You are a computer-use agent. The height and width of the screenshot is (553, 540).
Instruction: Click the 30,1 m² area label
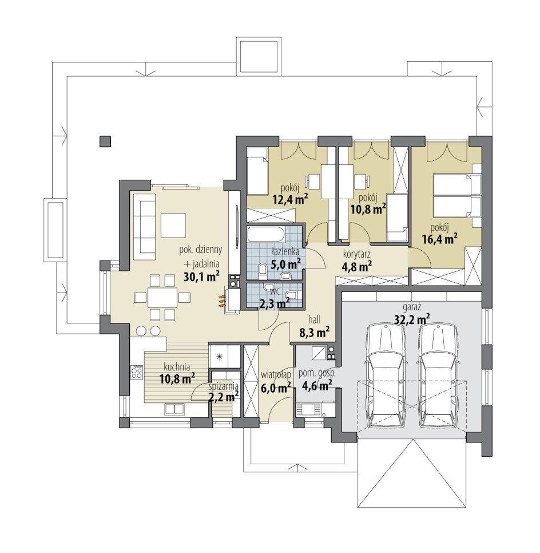pyautogui.click(x=201, y=276)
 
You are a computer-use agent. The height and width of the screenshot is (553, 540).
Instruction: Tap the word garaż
pyautogui.click(x=411, y=306)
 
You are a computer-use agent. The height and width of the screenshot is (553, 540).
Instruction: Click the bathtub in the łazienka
pyautogui.click(x=266, y=234)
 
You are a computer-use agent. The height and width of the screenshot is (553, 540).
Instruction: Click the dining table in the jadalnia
pyautogui.click(x=162, y=298)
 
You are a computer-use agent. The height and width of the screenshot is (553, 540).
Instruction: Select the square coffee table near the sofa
pyautogui.click(x=173, y=225)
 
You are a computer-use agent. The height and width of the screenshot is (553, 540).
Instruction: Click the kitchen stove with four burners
pyautogui.click(x=137, y=373)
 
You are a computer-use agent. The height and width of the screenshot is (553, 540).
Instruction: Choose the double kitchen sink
pyautogui.click(x=174, y=409)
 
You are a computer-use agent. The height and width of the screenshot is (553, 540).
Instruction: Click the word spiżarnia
pyautogui.click(x=224, y=386)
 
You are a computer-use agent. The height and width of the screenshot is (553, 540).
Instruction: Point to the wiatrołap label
pyautogui.click(x=276, y=374)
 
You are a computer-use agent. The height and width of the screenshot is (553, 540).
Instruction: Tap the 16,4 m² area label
pyautogui.click(x=439, y=239)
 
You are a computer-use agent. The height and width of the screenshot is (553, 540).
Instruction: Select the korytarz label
pyautogui.click(x=357, y=254)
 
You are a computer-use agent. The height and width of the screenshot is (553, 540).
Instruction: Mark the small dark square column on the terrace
pyautogui.click(x=105, y=141)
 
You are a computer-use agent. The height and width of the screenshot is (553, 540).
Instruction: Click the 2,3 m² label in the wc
pyautogui.click(x=275, y=303)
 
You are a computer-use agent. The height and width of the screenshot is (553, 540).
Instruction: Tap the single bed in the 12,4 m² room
pyautogui.click(x=257, y=171)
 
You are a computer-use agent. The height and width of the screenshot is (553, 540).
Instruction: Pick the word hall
pyautogui.click(x=315, y=319)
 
